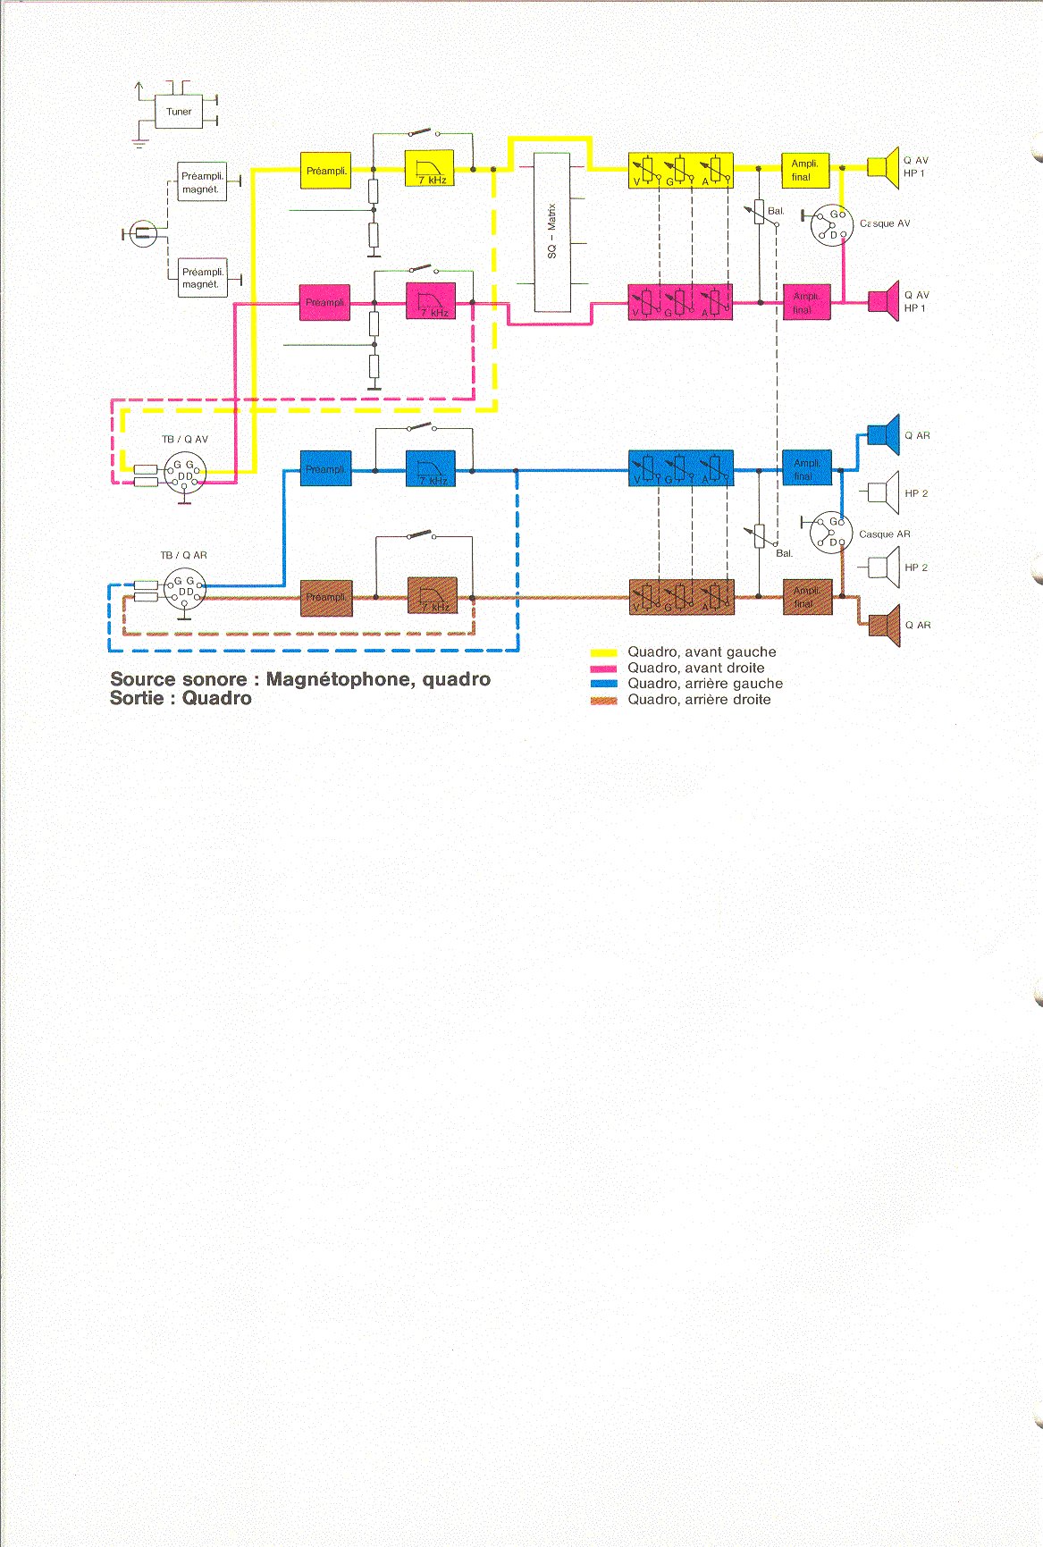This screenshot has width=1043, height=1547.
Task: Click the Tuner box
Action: (179, 112)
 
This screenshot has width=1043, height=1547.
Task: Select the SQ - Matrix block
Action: (551, 232)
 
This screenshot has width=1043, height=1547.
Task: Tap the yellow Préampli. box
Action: (325, 170)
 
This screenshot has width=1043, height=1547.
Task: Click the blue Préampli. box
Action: (325, 468)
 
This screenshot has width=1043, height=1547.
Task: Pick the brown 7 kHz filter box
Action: (432, 596)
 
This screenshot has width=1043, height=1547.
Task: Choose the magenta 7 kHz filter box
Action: (431, 301)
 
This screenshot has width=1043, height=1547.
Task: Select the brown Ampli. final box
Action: (807, 596)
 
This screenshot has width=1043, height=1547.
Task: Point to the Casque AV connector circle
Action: (832, 225)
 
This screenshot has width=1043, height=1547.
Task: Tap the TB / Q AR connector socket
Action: (185, 590)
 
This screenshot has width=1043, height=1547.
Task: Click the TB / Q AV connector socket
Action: (185, 471)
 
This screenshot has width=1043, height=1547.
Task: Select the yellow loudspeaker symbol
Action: (885, 167)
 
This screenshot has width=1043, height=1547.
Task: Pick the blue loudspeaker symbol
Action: (885, 435)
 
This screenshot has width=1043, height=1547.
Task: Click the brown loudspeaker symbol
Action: (886, 625)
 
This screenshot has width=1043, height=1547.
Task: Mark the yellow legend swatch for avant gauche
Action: (604, 653)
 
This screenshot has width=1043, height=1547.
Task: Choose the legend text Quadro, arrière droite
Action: (699, 700)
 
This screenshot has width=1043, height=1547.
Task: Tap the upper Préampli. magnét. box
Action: (202, 182)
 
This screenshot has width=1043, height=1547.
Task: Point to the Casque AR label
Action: (884, 534)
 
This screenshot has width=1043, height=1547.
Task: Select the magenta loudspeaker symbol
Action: (885, 301)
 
